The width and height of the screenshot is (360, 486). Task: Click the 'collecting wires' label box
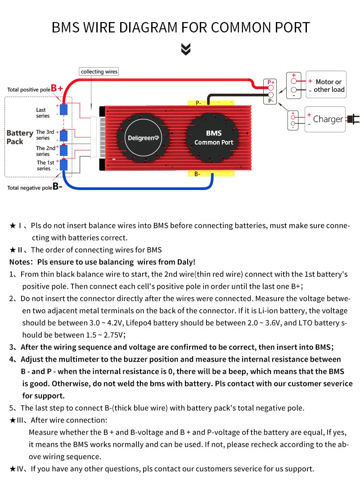99,72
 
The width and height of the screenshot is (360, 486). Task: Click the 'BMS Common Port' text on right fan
214,138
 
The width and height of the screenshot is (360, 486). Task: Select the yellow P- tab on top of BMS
198,103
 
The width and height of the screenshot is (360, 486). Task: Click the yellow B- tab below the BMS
198,173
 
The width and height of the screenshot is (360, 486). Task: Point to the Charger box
325,119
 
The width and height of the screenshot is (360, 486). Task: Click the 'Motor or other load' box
326,85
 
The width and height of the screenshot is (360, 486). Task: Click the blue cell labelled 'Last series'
64,109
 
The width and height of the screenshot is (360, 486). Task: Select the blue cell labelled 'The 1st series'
64,165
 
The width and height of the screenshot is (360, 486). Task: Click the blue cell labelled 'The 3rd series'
64,135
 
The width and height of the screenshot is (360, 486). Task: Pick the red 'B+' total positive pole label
57,88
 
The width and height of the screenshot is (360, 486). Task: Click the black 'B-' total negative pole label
58,187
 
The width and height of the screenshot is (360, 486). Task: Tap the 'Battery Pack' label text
20,137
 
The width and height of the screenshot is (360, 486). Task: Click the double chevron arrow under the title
186,50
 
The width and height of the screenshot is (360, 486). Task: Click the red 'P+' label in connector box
271,82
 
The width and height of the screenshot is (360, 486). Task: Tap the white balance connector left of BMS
94,137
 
